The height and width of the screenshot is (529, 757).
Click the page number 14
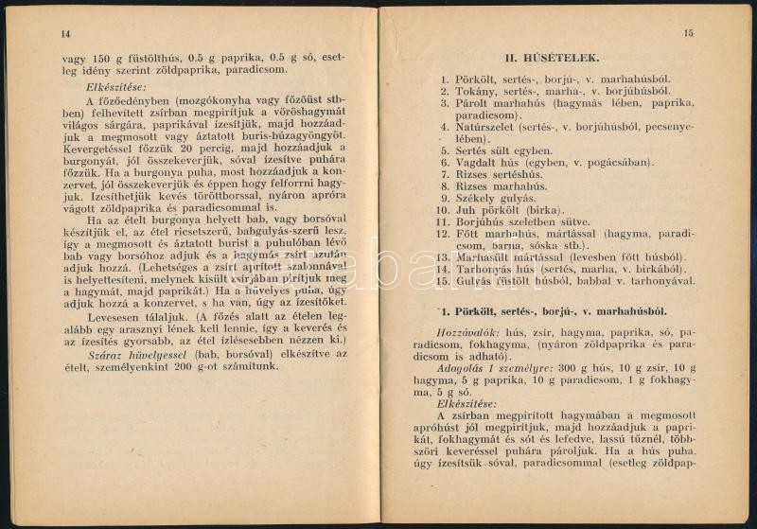[x=64, y=33]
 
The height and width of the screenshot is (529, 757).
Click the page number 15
[x=688, y=33]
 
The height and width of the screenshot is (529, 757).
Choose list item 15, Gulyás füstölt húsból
[x=573, y=280]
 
